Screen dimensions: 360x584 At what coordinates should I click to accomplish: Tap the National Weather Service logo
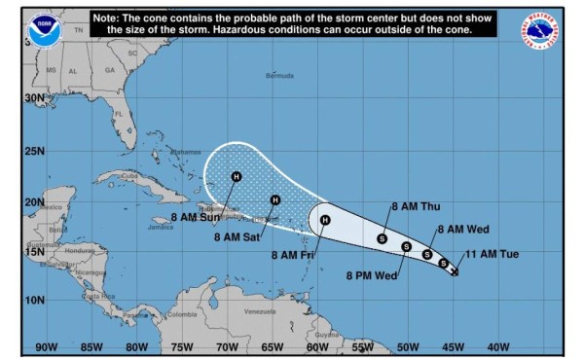(539, 31)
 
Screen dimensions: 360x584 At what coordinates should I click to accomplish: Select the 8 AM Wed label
(462, 230)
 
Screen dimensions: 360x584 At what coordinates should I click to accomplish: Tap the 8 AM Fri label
(293, 255)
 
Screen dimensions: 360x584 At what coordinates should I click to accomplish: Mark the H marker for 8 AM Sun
(236, 177)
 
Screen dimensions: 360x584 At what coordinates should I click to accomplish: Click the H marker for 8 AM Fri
(325, 220)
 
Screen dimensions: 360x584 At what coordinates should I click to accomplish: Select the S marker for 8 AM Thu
(382, 238)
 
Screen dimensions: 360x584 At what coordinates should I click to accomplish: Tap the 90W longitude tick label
(45, 346)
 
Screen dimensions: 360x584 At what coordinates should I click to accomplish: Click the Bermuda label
(279, 75)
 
